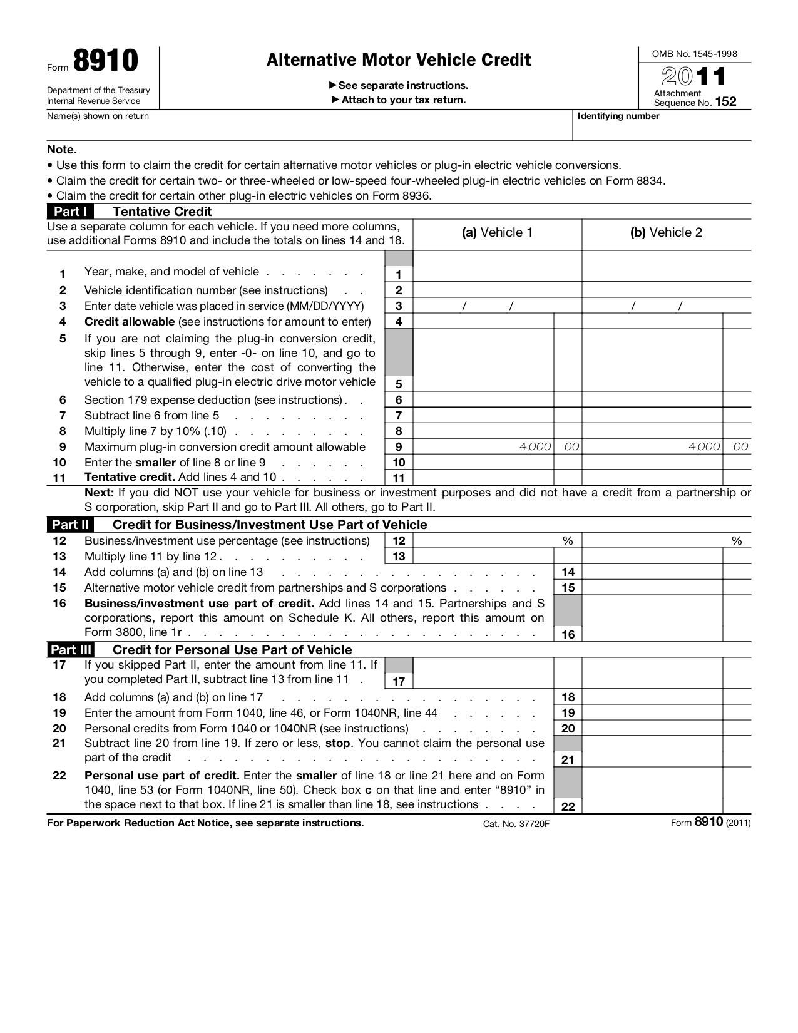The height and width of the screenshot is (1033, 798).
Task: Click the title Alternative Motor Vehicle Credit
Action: (399, 60)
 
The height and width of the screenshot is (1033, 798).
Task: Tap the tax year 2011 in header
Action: (694, 77)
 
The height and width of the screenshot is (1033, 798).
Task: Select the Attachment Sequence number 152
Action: (725, 102)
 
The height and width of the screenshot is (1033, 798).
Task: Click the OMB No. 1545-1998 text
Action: (694, 54)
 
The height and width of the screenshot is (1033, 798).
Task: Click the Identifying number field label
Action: (618, 116)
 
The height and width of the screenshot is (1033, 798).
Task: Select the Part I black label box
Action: (70, 212)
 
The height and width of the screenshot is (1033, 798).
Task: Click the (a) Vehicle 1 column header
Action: (497, 233)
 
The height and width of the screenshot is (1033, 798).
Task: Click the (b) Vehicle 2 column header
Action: (666, 233)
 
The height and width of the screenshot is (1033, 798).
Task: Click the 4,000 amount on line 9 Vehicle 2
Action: (703, 446)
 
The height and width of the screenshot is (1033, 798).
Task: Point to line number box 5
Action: (399, 384)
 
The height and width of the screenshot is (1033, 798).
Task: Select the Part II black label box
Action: (70, 525)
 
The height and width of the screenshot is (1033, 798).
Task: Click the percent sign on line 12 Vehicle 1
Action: (568, 541)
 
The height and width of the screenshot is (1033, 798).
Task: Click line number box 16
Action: (568, 634)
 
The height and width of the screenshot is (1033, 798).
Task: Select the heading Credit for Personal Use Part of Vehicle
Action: (232, 650)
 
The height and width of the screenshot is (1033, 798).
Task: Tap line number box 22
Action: (568, 806)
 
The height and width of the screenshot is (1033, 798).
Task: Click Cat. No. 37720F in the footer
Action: (516, 824)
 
